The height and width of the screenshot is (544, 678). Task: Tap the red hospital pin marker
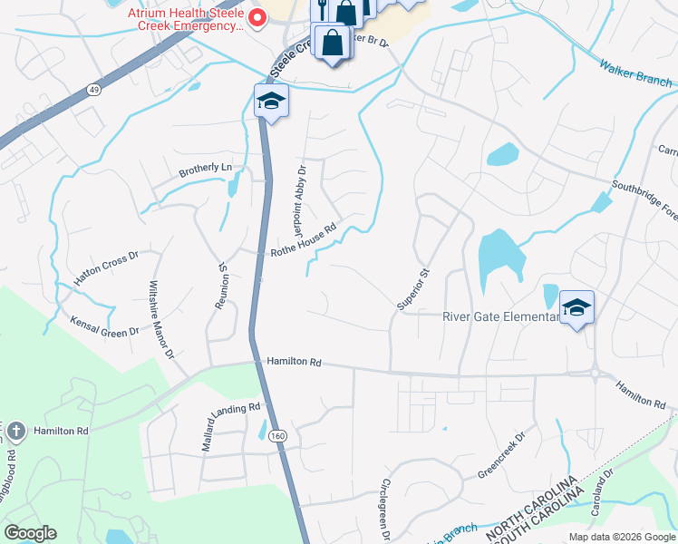point(257,18)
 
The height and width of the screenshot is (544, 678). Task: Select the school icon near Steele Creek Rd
point(271,102)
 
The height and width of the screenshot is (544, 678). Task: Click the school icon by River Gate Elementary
point(576,308)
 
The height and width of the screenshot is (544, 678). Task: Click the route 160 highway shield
point(277,436)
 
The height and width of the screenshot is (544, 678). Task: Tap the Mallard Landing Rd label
point(231,423)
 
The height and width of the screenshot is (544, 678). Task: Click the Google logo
point(30,533)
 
